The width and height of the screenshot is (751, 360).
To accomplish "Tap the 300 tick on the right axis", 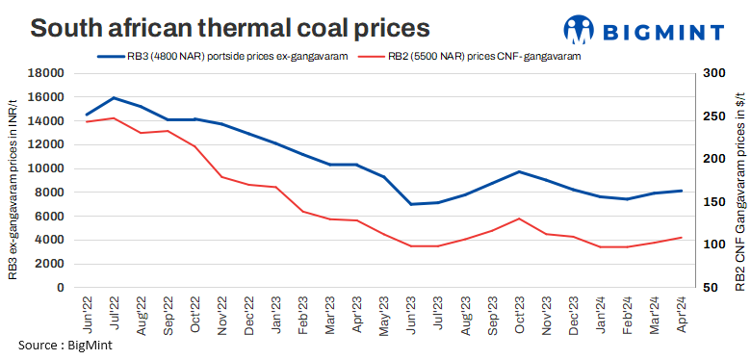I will tap(715, 73).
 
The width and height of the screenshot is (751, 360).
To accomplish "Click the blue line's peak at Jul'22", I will tap(115, 98).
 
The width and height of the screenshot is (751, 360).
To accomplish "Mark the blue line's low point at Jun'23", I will tap(411, 204).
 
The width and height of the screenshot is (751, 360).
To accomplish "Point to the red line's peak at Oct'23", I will tap(520, 219).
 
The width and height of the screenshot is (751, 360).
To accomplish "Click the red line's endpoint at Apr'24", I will tap(682, 237).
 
